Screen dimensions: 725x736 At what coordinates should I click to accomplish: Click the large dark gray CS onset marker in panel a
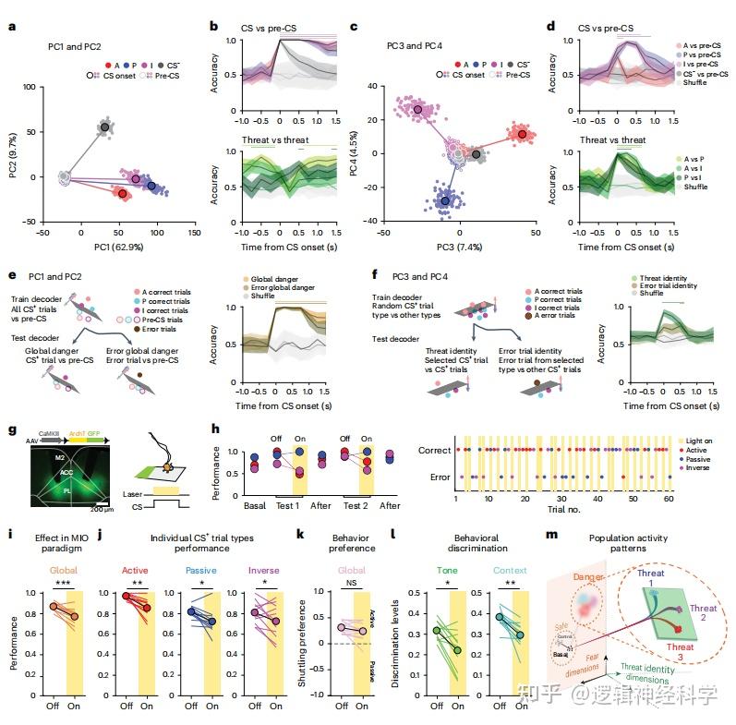(x=105, y=127)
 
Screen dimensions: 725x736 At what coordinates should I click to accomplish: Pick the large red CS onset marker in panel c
(x=523, y=134)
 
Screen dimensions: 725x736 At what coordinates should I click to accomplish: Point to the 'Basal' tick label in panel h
(x=228, y=506)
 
